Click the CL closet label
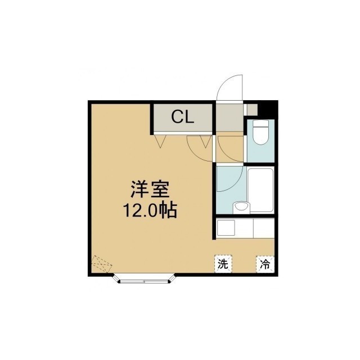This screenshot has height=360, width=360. pos(183,118)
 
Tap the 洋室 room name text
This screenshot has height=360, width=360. pos(150,190)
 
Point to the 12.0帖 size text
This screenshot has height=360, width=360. pos(150,210)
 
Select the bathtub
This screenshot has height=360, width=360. pos(261,191)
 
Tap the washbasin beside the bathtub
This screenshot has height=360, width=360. pos(241,207)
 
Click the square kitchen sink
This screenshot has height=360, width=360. pos(226,227)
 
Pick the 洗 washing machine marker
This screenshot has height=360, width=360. pos(223,264)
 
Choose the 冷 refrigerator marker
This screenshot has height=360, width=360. pos(265,264)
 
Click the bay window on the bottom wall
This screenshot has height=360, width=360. pos(144,278)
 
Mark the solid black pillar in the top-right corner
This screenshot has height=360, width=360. pos(268,109)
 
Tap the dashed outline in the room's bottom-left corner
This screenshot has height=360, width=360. pos(102,264)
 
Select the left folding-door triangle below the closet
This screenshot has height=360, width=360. pos(160,141)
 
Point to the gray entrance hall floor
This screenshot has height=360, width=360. pos(229,118)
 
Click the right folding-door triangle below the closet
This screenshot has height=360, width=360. pos(206,141)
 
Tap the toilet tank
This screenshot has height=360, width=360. pos(260,123)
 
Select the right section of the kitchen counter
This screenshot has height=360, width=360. pos(264,228)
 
